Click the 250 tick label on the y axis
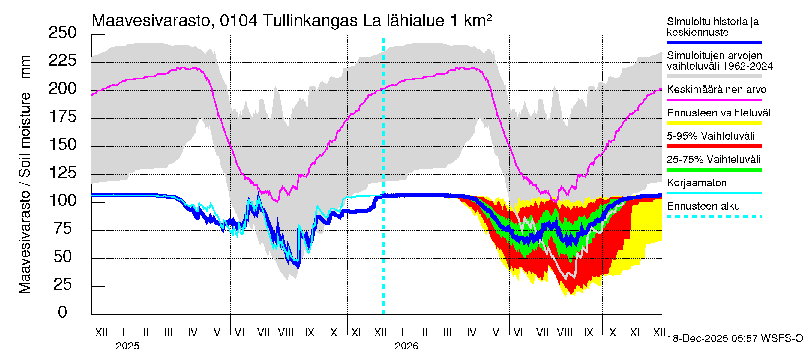point(63,33)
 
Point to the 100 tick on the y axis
point(63,201)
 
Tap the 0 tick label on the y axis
point(63,312)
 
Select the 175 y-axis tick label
point(63,117)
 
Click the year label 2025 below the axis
point(127,346)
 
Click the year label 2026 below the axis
point(406,346)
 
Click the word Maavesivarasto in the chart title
point(151,21)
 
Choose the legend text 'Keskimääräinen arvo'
point(716,90)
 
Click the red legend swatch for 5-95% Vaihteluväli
point(714,146)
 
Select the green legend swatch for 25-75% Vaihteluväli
point(714,170)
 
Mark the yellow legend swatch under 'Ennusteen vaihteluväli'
point(714,123)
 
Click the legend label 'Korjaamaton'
point(697,183)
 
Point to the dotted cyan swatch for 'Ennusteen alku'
point(714,216)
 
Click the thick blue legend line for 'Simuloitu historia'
point(714,42)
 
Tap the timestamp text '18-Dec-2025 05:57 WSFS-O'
point(735,339)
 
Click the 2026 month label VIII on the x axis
point(565,333)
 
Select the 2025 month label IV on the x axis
point(192,333)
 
